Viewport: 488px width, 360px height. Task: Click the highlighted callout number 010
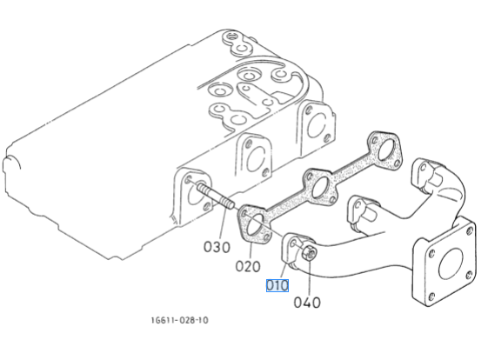point(277,285)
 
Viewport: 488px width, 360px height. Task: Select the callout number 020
point(248,267)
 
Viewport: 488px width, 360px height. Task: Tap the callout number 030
point(217,247)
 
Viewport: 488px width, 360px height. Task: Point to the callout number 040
point(307,303)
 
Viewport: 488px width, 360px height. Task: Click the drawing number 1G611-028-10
point(179,320)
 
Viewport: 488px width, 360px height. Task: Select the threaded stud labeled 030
point(215,197)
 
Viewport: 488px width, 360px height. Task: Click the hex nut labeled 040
point(309,252)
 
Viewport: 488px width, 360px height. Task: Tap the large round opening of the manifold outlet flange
point(450,264)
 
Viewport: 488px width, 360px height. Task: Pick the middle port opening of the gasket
point(321,187)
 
